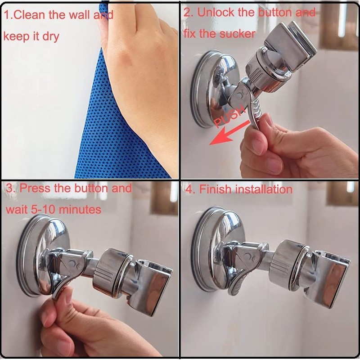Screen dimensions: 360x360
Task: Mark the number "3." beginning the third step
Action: [10, 188]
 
